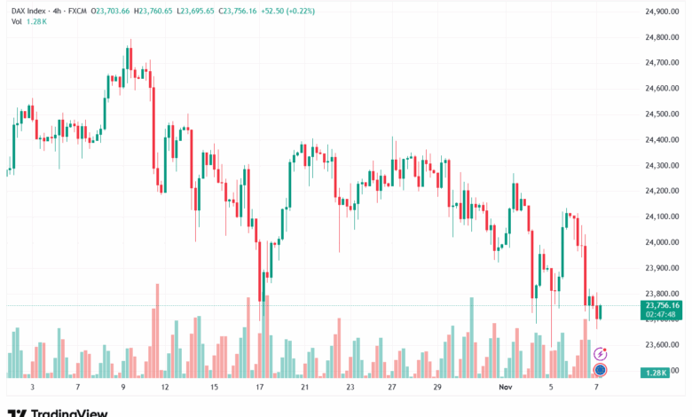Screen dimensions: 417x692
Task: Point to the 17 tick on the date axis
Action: [260, 388]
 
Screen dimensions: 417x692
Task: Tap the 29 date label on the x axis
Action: [437, 388]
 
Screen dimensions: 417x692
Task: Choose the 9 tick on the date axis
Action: [123, 388]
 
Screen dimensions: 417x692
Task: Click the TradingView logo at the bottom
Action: [57, 412]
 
